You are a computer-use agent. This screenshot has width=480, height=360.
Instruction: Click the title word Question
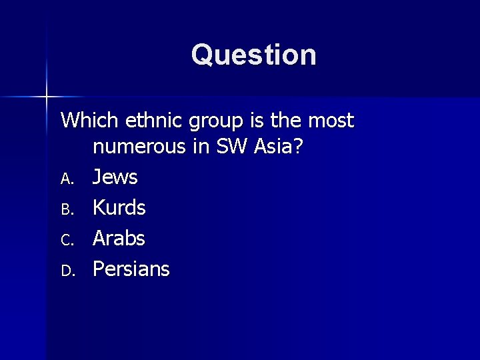click(254, 55)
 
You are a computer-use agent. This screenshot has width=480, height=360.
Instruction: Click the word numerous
click(139, 147)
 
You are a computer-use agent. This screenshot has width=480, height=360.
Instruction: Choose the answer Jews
click(115, 177)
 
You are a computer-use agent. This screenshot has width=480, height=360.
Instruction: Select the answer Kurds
click(119, 208)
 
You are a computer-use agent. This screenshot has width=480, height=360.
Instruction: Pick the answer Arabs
click(119, 238)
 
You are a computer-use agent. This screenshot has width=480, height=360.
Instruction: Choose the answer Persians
click(131, 269)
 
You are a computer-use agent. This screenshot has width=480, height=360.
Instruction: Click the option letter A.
click(66, 179)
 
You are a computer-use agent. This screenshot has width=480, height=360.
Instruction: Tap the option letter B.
click(66, 209)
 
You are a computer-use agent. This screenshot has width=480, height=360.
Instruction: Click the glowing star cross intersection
click(46, 97)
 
